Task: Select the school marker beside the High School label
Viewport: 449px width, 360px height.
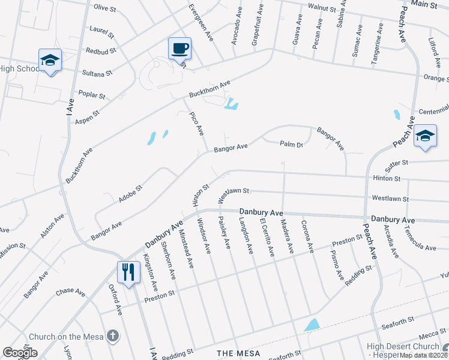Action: [50, 61]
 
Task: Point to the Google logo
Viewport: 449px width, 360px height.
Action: [20, 353]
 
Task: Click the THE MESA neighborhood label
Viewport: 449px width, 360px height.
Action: [238, 353]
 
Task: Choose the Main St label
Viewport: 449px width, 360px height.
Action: [427, 4]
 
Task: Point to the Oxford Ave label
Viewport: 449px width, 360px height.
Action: [115, 299]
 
